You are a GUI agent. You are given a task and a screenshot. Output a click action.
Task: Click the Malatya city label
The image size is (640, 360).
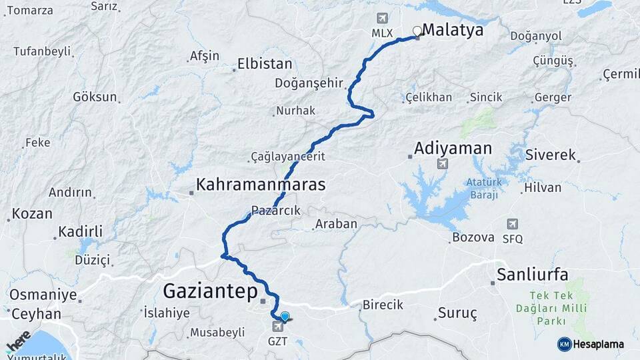click(453, 30)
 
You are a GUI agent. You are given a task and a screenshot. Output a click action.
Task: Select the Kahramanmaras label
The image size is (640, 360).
click(261, 185)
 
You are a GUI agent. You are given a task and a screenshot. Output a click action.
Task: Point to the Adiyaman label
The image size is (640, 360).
click(453, 148)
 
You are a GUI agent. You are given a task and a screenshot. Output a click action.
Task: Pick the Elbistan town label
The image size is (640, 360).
click(265, 65)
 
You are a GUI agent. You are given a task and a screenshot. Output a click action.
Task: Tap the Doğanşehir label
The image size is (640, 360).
click(309, 83)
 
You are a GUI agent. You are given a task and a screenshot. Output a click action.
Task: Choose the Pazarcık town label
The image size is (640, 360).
click(276, 210)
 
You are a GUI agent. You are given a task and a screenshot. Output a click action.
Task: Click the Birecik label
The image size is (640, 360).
click(383, 305)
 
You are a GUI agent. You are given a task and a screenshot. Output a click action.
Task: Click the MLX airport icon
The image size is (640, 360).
click(382, 18)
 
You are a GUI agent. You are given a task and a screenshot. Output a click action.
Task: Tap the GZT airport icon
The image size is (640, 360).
click(277, 326)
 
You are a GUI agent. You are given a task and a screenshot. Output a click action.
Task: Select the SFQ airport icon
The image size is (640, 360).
click(512, 225)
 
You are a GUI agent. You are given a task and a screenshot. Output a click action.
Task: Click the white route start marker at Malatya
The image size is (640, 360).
click(418, 30)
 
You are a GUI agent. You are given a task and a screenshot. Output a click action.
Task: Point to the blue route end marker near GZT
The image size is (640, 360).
click(285, 317)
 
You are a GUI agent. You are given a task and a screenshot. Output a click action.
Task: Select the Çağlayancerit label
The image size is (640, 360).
click(287, 157)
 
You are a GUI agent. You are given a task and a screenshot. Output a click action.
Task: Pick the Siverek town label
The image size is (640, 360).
click(550, 155)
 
